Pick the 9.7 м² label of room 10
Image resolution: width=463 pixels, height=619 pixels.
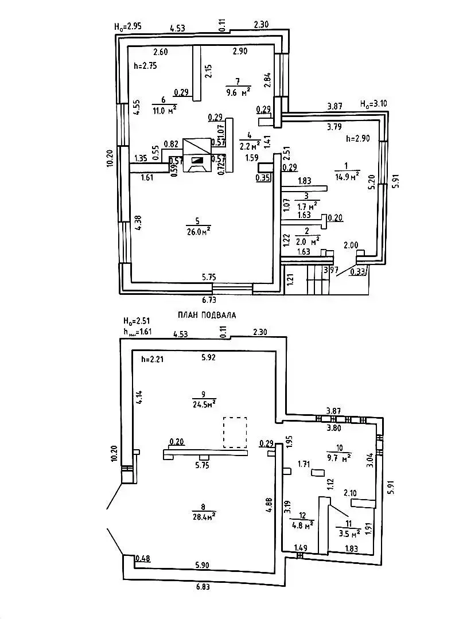(339, 459)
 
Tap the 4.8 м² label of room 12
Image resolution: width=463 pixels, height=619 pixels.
(302, 524)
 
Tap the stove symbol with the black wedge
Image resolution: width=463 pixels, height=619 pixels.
(197, 161)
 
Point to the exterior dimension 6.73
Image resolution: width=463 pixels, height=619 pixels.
(212, 299)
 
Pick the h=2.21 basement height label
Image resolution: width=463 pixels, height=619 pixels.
(153, 360)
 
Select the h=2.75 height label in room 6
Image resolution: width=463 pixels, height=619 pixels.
(145, 66)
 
